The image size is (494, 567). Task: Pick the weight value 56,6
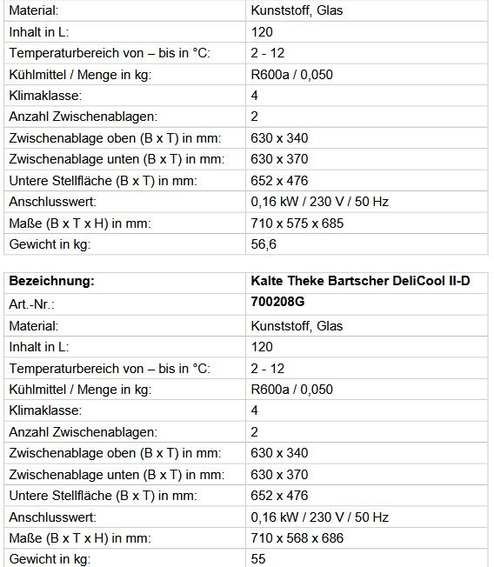point(263,244)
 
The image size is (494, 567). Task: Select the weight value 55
point(258,559)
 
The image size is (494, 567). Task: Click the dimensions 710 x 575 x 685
point(297,223)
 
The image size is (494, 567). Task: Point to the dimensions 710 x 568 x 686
point(297,538)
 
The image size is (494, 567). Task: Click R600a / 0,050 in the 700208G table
point(291,389)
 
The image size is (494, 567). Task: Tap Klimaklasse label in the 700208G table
point(45,410)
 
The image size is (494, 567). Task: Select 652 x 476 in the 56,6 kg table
point(279,181)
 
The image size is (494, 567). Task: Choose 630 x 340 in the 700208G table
point(279,453)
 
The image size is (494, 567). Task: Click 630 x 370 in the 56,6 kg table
point(279,159)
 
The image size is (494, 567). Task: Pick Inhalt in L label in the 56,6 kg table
point(40,32)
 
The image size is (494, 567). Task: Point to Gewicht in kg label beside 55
point(50,559)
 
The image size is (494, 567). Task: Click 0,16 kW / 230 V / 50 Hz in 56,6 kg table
point(319,202)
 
